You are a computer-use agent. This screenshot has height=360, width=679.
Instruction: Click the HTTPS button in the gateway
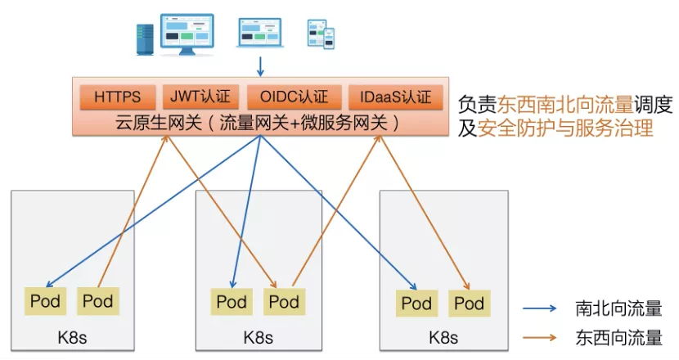pos(117,97)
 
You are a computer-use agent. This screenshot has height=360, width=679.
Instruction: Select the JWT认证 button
pos(200,97)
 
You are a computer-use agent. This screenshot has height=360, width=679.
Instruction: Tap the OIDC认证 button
pos(294,97)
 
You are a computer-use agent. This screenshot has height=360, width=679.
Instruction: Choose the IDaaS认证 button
pos(395,97)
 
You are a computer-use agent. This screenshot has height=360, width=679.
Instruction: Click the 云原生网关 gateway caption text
pos(258,124)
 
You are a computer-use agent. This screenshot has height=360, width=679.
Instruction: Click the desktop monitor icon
pos(187,34)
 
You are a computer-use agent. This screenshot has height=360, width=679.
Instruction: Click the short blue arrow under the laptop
pos(260,65)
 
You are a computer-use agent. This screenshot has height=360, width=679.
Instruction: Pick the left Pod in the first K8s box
pos(46,301)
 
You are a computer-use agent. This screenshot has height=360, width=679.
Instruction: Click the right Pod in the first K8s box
pos(98,301)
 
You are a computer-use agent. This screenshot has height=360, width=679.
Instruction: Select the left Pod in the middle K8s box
pos(232,301)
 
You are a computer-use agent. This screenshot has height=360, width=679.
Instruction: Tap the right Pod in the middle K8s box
pos(284,301)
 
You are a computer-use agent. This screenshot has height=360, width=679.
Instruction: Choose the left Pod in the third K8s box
pos(416,304)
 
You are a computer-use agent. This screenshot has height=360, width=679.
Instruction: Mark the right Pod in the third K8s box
pos(469,304)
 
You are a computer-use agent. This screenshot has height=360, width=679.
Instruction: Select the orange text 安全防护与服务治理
pos(565,128)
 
